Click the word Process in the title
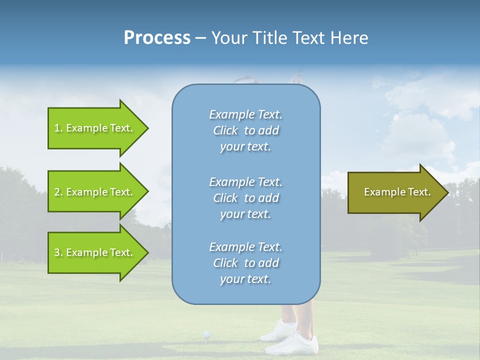click(157, 38)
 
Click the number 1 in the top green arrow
click(57, 128)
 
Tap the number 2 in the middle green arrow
click(57, 192)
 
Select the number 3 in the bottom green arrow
click(57, 252)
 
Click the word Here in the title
click(349, 38)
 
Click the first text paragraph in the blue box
click(245, 130)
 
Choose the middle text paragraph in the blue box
click(245, 198)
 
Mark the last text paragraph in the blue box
click(245, 263)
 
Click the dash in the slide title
click(200, 38)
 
